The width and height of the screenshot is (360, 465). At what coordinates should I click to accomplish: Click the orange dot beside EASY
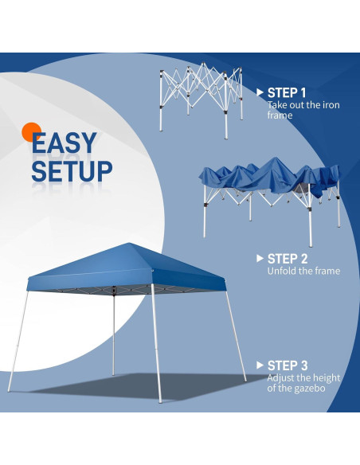(x=32, y=132)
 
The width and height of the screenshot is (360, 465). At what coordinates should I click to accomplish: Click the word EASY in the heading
(x=65, y=143)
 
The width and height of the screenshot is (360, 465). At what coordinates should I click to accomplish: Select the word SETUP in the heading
(x=72, y=170)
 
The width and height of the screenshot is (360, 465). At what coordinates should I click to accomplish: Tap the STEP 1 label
(x=287, y=92)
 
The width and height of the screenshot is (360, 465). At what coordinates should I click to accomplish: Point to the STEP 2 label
(x=288, y=258)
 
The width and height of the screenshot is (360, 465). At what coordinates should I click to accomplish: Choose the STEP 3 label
(x=288, y=365)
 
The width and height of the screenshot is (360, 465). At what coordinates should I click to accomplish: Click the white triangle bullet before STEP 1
(x=260, y=92)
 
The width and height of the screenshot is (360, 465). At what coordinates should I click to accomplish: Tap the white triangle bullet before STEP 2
(x=260, y=258)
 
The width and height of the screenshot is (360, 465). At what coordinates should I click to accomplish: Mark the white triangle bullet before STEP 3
(x=260, y=365)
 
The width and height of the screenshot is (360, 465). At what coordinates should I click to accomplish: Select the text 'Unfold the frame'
(x=303, y=271)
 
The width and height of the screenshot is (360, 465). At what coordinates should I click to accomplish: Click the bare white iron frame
(x=199, y=96)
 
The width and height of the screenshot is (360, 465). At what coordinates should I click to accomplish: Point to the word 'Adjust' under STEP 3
(x=281, y=377)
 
